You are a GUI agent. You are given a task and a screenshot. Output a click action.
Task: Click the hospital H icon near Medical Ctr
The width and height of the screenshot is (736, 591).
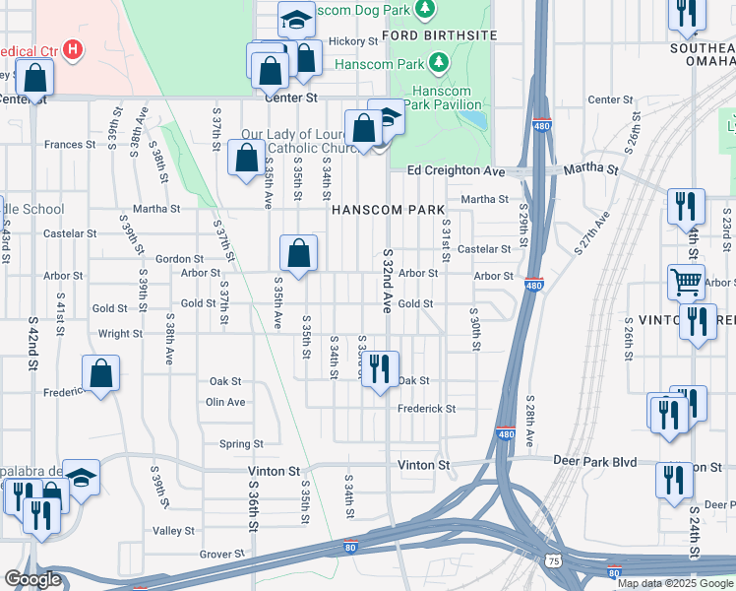click(x=71, y=48)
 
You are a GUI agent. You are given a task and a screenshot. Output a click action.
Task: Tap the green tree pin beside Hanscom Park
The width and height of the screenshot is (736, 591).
click(x=438, y=64)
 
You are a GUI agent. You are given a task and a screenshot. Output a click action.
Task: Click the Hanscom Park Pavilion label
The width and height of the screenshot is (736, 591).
click(x=456, y=98)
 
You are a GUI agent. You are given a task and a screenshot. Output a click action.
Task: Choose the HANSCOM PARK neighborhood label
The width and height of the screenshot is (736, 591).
click(x=388, y=210)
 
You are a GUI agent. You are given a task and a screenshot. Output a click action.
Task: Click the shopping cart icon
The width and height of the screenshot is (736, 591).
click(x=686, y=282)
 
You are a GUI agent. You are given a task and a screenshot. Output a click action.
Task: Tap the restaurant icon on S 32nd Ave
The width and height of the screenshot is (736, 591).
click(x=382, y=370)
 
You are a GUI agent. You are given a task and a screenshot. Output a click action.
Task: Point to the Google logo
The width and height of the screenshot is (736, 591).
click(x=32, y=579)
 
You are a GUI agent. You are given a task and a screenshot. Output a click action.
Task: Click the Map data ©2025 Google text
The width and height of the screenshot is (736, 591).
click(x=675, y=583)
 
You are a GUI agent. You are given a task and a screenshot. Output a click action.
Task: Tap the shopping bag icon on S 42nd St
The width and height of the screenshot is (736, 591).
click(x=34, y=79)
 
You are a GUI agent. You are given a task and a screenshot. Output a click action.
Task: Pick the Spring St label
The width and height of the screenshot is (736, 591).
click(x=240, y=444)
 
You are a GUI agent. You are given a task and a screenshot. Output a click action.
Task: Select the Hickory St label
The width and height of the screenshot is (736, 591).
click(x=353, y=41)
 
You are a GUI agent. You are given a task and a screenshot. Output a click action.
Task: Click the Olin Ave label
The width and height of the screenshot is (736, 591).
click(x=225, y=402)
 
